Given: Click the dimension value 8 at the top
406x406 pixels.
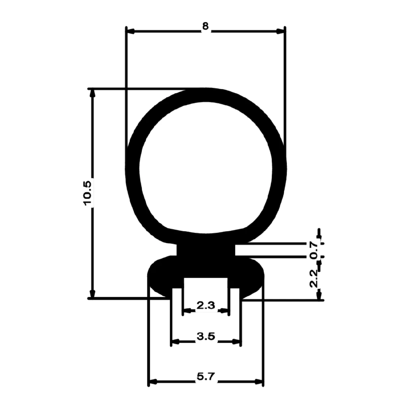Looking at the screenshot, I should tap(205, 27).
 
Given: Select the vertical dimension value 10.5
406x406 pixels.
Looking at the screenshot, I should tap(89, 192).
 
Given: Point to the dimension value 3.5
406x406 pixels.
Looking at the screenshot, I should tap(205, 337).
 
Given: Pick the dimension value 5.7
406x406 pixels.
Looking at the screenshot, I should tap(205, 377).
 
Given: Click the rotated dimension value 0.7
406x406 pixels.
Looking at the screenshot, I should tap(313, 250).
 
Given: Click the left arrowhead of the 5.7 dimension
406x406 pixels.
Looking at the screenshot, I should tap(153, 382).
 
